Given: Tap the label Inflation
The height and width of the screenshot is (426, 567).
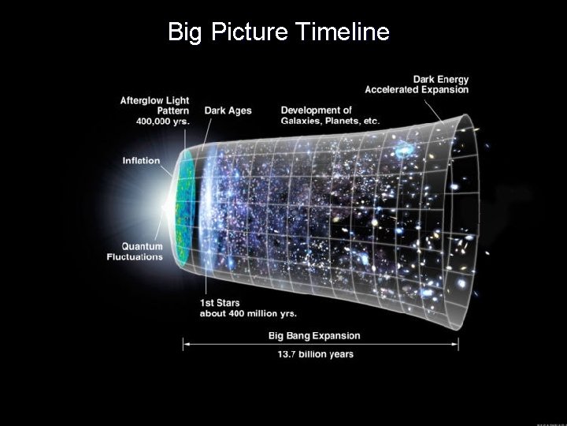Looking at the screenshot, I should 141,161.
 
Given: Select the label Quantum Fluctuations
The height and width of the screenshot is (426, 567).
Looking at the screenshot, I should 135,252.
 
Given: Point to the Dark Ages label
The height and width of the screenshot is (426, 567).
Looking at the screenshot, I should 228,110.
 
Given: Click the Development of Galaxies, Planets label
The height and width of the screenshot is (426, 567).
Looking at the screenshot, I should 330,115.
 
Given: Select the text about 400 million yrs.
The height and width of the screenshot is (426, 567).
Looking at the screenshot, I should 247,313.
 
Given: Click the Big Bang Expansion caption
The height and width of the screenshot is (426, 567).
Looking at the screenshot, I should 315,335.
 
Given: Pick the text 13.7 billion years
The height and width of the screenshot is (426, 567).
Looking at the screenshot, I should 315,354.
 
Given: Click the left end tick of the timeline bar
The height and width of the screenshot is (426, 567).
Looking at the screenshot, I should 183,343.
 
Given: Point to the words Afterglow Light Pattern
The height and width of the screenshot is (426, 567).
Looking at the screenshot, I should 154,106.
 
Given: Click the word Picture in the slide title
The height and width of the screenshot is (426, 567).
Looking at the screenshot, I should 251,32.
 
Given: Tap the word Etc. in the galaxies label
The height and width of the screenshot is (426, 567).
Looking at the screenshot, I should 369,121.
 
